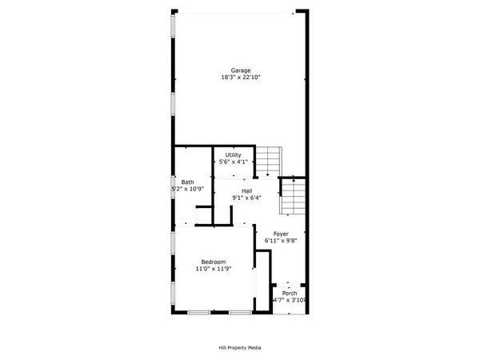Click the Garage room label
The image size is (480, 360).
(x=241, y=70)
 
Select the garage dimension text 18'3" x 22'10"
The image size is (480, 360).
(x=241, y=78)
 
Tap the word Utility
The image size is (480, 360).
(x=233, y=154)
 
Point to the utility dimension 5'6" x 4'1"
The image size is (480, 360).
(x=233, y=162)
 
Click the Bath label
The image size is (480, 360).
(x=187, y=182)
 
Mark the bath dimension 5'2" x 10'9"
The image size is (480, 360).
(x=189, y=189)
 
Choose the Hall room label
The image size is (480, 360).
(x=247, y=190)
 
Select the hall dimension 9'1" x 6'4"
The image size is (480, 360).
(x=247, y=198)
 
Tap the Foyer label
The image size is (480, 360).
(x=281, y=234)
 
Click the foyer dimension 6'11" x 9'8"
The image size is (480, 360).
(x=281, y=241)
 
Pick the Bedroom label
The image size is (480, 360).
(x=213, y=262)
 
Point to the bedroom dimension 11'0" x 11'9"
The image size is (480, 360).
(x=213, y=269)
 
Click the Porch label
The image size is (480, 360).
(x=290, y=293)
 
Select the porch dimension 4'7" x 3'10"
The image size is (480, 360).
(x=290, y=300)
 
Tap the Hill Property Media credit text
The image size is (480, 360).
(x=240, y=348)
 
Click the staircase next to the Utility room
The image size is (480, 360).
(x=269, y=160)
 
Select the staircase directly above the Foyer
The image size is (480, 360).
(x=293, y=196)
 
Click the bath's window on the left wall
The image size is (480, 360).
(x=174, y=188)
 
